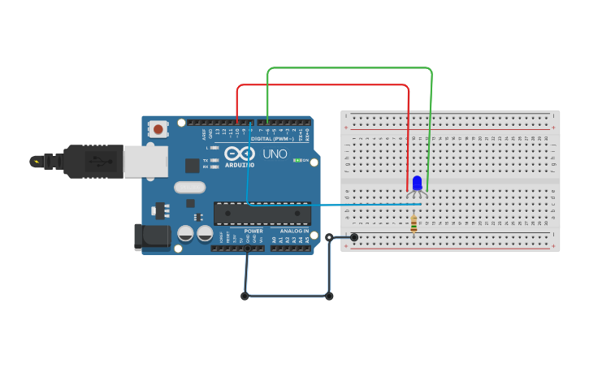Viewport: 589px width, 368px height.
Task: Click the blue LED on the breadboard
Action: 417,184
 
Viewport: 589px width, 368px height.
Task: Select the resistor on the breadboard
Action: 414,223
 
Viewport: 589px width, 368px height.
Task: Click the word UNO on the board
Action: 275,154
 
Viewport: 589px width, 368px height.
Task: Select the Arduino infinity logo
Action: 240,154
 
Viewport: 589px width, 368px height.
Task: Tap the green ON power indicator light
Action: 297,160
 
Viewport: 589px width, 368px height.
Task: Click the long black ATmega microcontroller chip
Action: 262,214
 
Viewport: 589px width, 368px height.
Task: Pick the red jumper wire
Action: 325,84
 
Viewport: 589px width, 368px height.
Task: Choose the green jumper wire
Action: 349,68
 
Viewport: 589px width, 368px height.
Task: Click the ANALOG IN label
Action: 294,232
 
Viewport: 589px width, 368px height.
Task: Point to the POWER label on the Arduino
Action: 253,232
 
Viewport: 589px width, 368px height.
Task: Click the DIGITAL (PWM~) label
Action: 272,139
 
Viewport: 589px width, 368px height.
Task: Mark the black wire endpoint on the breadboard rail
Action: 354,237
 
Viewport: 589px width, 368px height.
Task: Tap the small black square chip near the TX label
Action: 193,166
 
